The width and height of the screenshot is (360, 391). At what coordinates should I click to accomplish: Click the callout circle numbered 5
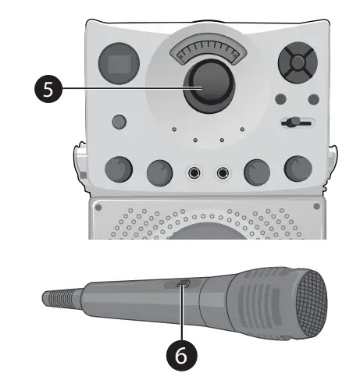click(49, 89)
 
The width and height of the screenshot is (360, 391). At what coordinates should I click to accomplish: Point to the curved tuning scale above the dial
click(207, 52)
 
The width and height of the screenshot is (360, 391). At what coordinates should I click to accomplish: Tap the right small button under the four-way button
click(313, 99)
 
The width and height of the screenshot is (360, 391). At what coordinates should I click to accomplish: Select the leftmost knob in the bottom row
click(118, 169)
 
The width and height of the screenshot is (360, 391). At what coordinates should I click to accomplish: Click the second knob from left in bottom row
click(159, 171)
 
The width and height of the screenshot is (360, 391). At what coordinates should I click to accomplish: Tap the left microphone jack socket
click(194, 172)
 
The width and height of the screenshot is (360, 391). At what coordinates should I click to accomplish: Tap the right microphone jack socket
click(224, 172)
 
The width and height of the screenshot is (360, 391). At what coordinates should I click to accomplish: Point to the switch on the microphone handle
click(184, 286)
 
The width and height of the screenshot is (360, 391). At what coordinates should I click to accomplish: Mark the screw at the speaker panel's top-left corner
click(99, 207)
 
